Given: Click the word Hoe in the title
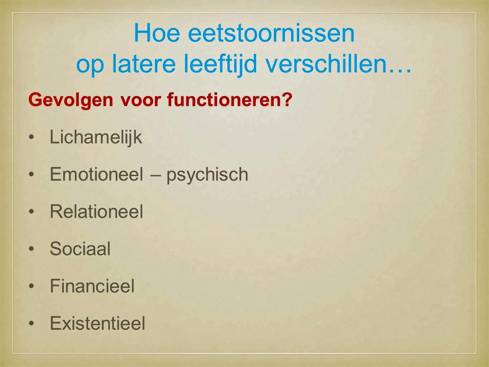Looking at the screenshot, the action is point(157,33).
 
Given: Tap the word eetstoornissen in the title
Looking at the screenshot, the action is point(271,33).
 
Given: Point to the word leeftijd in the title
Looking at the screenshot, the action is point(221,65).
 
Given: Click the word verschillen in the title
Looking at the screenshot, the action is point(326,63).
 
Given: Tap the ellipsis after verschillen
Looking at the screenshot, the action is point(400,70).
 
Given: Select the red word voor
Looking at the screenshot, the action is point(140,100).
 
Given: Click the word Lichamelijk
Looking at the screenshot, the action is point(96,138).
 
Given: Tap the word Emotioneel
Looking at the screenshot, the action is point(96,174).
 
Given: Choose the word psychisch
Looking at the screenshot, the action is point(207,176).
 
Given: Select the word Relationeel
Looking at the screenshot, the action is point(96,211).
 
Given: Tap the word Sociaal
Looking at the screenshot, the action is point(80,249).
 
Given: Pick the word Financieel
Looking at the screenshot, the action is point(92,286).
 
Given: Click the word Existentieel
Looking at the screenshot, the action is point(97,323).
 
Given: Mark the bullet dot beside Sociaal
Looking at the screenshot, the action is point(32,249).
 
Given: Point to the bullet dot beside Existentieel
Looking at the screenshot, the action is point(32,323).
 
